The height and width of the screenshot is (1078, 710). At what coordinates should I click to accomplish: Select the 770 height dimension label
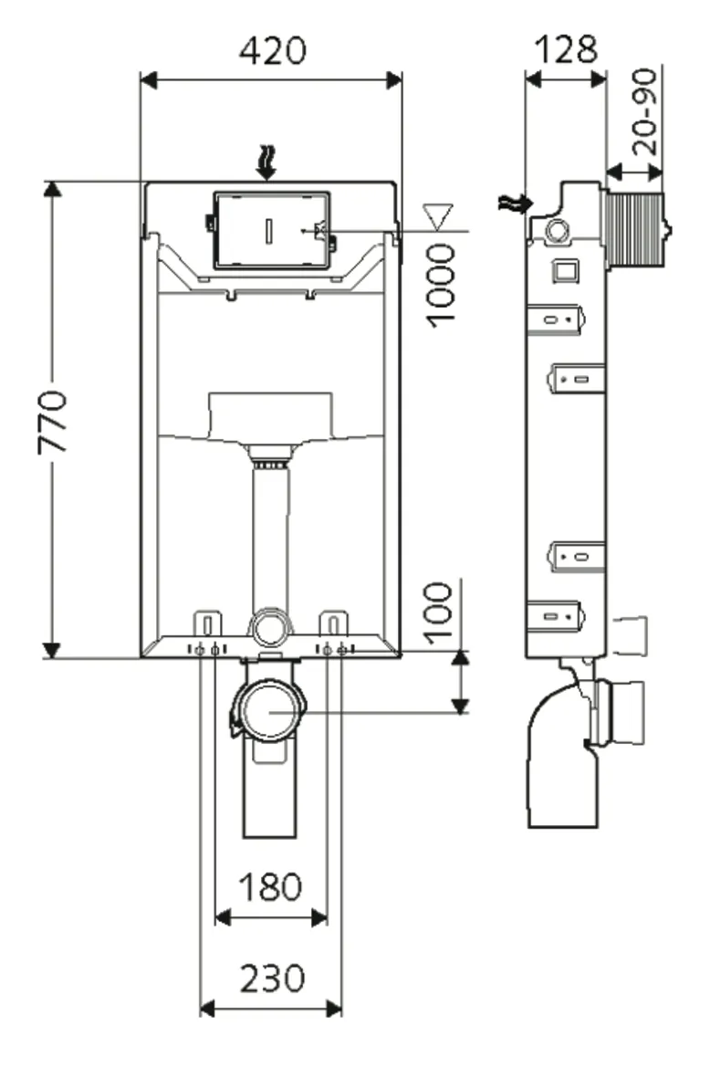click(x=52, y=422)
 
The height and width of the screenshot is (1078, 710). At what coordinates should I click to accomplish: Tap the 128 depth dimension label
click(x=565, y=50)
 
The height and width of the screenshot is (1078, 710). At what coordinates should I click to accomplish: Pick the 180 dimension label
click(x=270, y=885)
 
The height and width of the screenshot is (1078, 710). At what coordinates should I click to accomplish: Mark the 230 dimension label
click(x=271, y=979)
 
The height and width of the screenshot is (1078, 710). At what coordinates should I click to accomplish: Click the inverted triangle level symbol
click(x=439, y=217)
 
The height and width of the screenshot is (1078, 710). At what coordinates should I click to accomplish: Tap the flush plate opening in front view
click(x=271, y=230)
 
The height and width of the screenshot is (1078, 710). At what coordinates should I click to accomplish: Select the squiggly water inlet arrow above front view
click(x=266, y=162)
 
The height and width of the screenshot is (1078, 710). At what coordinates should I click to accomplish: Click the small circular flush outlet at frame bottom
click(x=270, y=628)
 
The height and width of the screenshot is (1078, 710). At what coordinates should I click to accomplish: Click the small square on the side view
click(x=564, y=270)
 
